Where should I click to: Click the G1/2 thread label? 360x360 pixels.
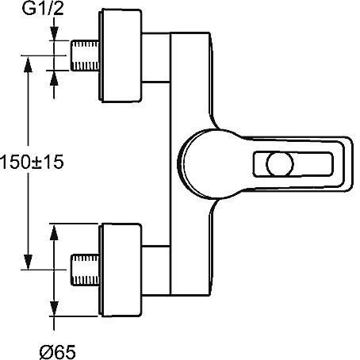tap(43, 9)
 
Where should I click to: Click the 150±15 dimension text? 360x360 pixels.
tap(33, 162)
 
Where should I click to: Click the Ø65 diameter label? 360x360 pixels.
tap(58, 352)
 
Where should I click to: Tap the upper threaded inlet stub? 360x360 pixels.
tap(85, 56)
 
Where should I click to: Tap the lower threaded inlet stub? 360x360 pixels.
tap(85, 270)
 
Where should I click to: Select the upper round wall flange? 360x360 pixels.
tap(121, 56)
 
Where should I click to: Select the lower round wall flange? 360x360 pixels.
tap(121, 270)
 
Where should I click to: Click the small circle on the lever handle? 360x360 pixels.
tap(280, 164)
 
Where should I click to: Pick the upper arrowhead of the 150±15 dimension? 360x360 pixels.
tap(28, 65)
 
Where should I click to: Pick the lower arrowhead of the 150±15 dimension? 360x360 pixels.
tap(28, 262)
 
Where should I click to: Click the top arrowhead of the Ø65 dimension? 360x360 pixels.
tap(54, 232)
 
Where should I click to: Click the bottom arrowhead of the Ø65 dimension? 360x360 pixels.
tap(54, 308)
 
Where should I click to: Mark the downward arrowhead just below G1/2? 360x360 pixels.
tap(54, 33)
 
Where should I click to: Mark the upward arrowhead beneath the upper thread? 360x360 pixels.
tap(54, 79)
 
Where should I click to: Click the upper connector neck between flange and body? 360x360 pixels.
tap(156, 58)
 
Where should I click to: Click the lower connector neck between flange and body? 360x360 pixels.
tap(156, 270)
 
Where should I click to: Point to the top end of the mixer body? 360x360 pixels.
tap(190, 33)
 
